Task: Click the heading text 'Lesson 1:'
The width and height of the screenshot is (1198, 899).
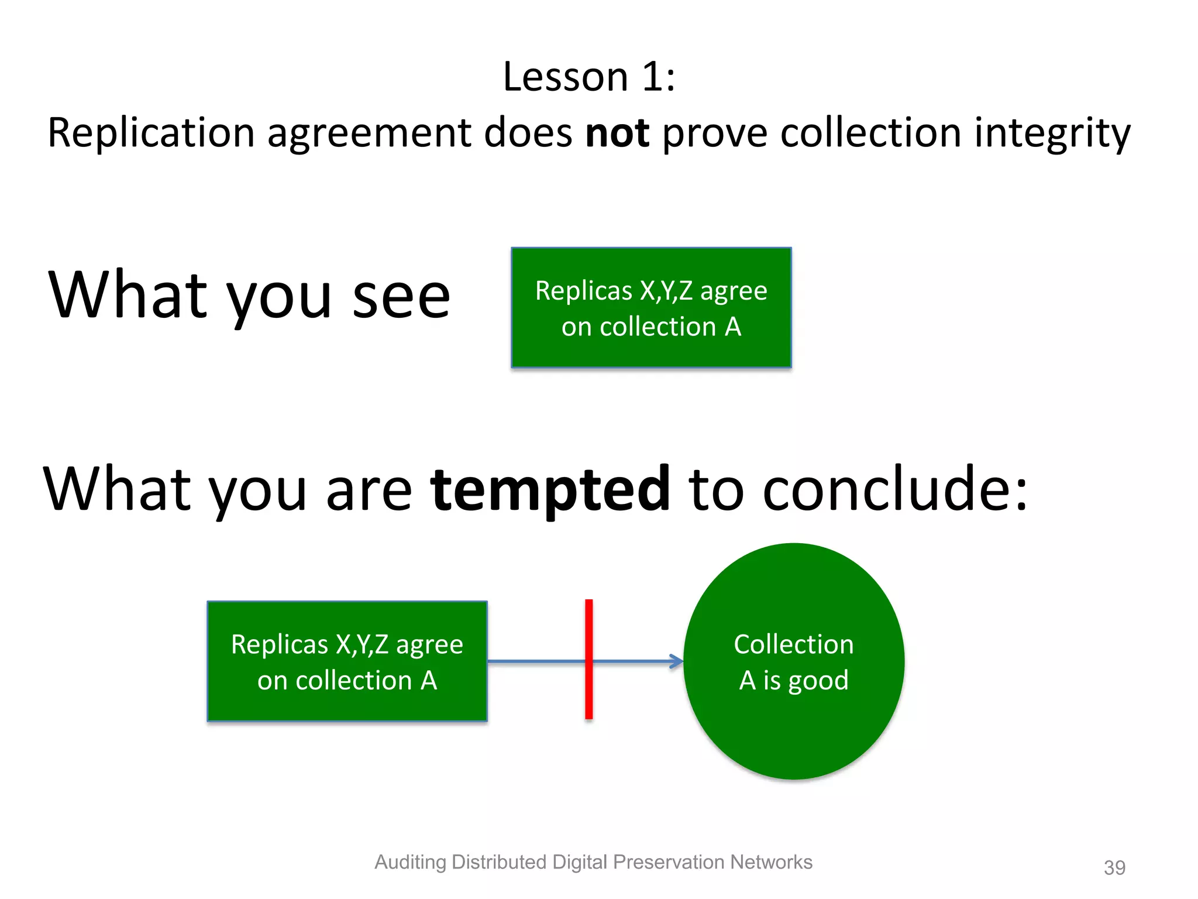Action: (588, 77)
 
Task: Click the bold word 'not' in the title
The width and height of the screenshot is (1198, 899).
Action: (617, 133)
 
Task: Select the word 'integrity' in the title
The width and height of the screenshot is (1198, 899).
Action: (1052, 133)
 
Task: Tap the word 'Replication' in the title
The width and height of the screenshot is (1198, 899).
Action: (151, 133)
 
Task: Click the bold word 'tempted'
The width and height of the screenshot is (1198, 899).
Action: (550, 489)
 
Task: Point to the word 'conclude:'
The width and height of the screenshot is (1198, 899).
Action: (894, 489)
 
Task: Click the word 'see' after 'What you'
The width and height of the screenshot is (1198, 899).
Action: (401, 296)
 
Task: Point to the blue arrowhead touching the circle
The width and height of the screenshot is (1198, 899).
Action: (677, 661)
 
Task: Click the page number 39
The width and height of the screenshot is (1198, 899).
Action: (1114, 867)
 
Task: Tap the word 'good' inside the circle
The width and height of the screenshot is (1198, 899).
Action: (818, 681)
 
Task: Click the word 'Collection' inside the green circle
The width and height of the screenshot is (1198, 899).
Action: (794, 644)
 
